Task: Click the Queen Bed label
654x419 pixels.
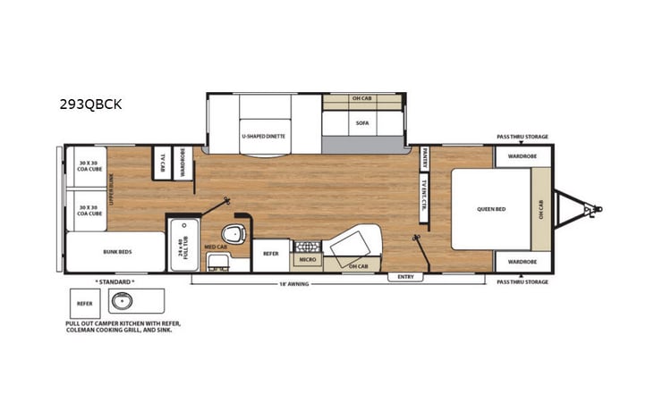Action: point(490,209)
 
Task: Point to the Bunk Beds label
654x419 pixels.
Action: point(117,252)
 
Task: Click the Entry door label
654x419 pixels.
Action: point(405,278)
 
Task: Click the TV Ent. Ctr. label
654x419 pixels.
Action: point(424,197)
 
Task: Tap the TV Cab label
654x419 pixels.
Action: point(163,162)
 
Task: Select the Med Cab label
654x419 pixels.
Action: point(214,247)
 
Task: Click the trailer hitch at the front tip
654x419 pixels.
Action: point(591,209)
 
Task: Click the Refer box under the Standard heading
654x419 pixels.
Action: point(84,304)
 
